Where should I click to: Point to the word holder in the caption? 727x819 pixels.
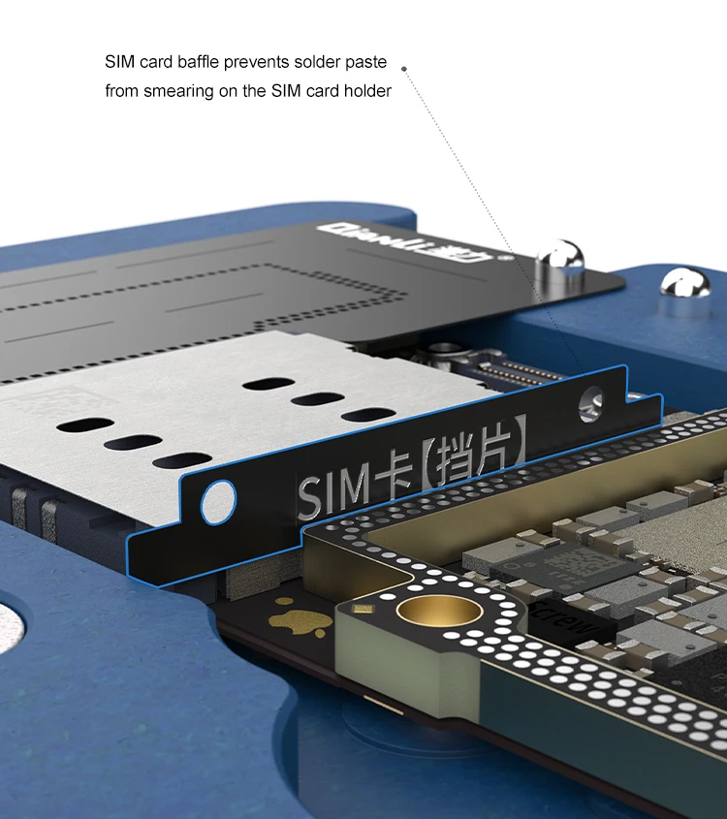(x=368, y=92)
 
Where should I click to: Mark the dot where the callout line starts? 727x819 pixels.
(x=404, y=69)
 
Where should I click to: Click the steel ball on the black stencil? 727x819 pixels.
(x=561, y=259)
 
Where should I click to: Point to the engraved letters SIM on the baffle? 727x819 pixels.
(x=332, y=489)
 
